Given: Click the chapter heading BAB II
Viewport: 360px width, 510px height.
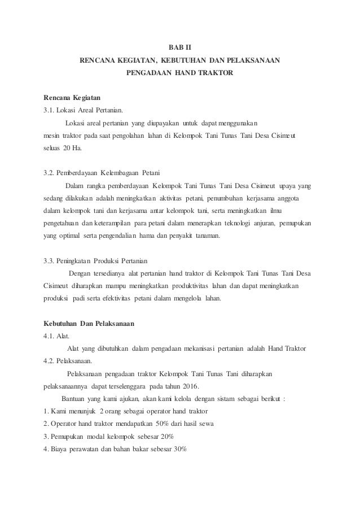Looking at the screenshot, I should click(x=180, y=47).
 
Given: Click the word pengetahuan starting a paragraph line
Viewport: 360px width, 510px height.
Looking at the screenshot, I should click(x=64, y=223).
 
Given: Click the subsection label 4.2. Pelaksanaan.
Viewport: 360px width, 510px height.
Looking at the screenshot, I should click(x=69, y=361).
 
